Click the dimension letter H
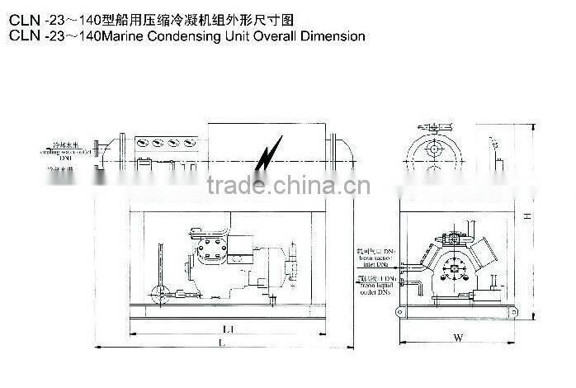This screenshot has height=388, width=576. [526, 215]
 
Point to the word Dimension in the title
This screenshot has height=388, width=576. [332, 36]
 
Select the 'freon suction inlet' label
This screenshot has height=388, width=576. [377, 256]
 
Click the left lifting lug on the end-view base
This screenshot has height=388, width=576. [401, 312]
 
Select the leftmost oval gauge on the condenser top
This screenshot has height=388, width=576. [139, 143]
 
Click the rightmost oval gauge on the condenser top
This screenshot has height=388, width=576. [189, 143]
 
